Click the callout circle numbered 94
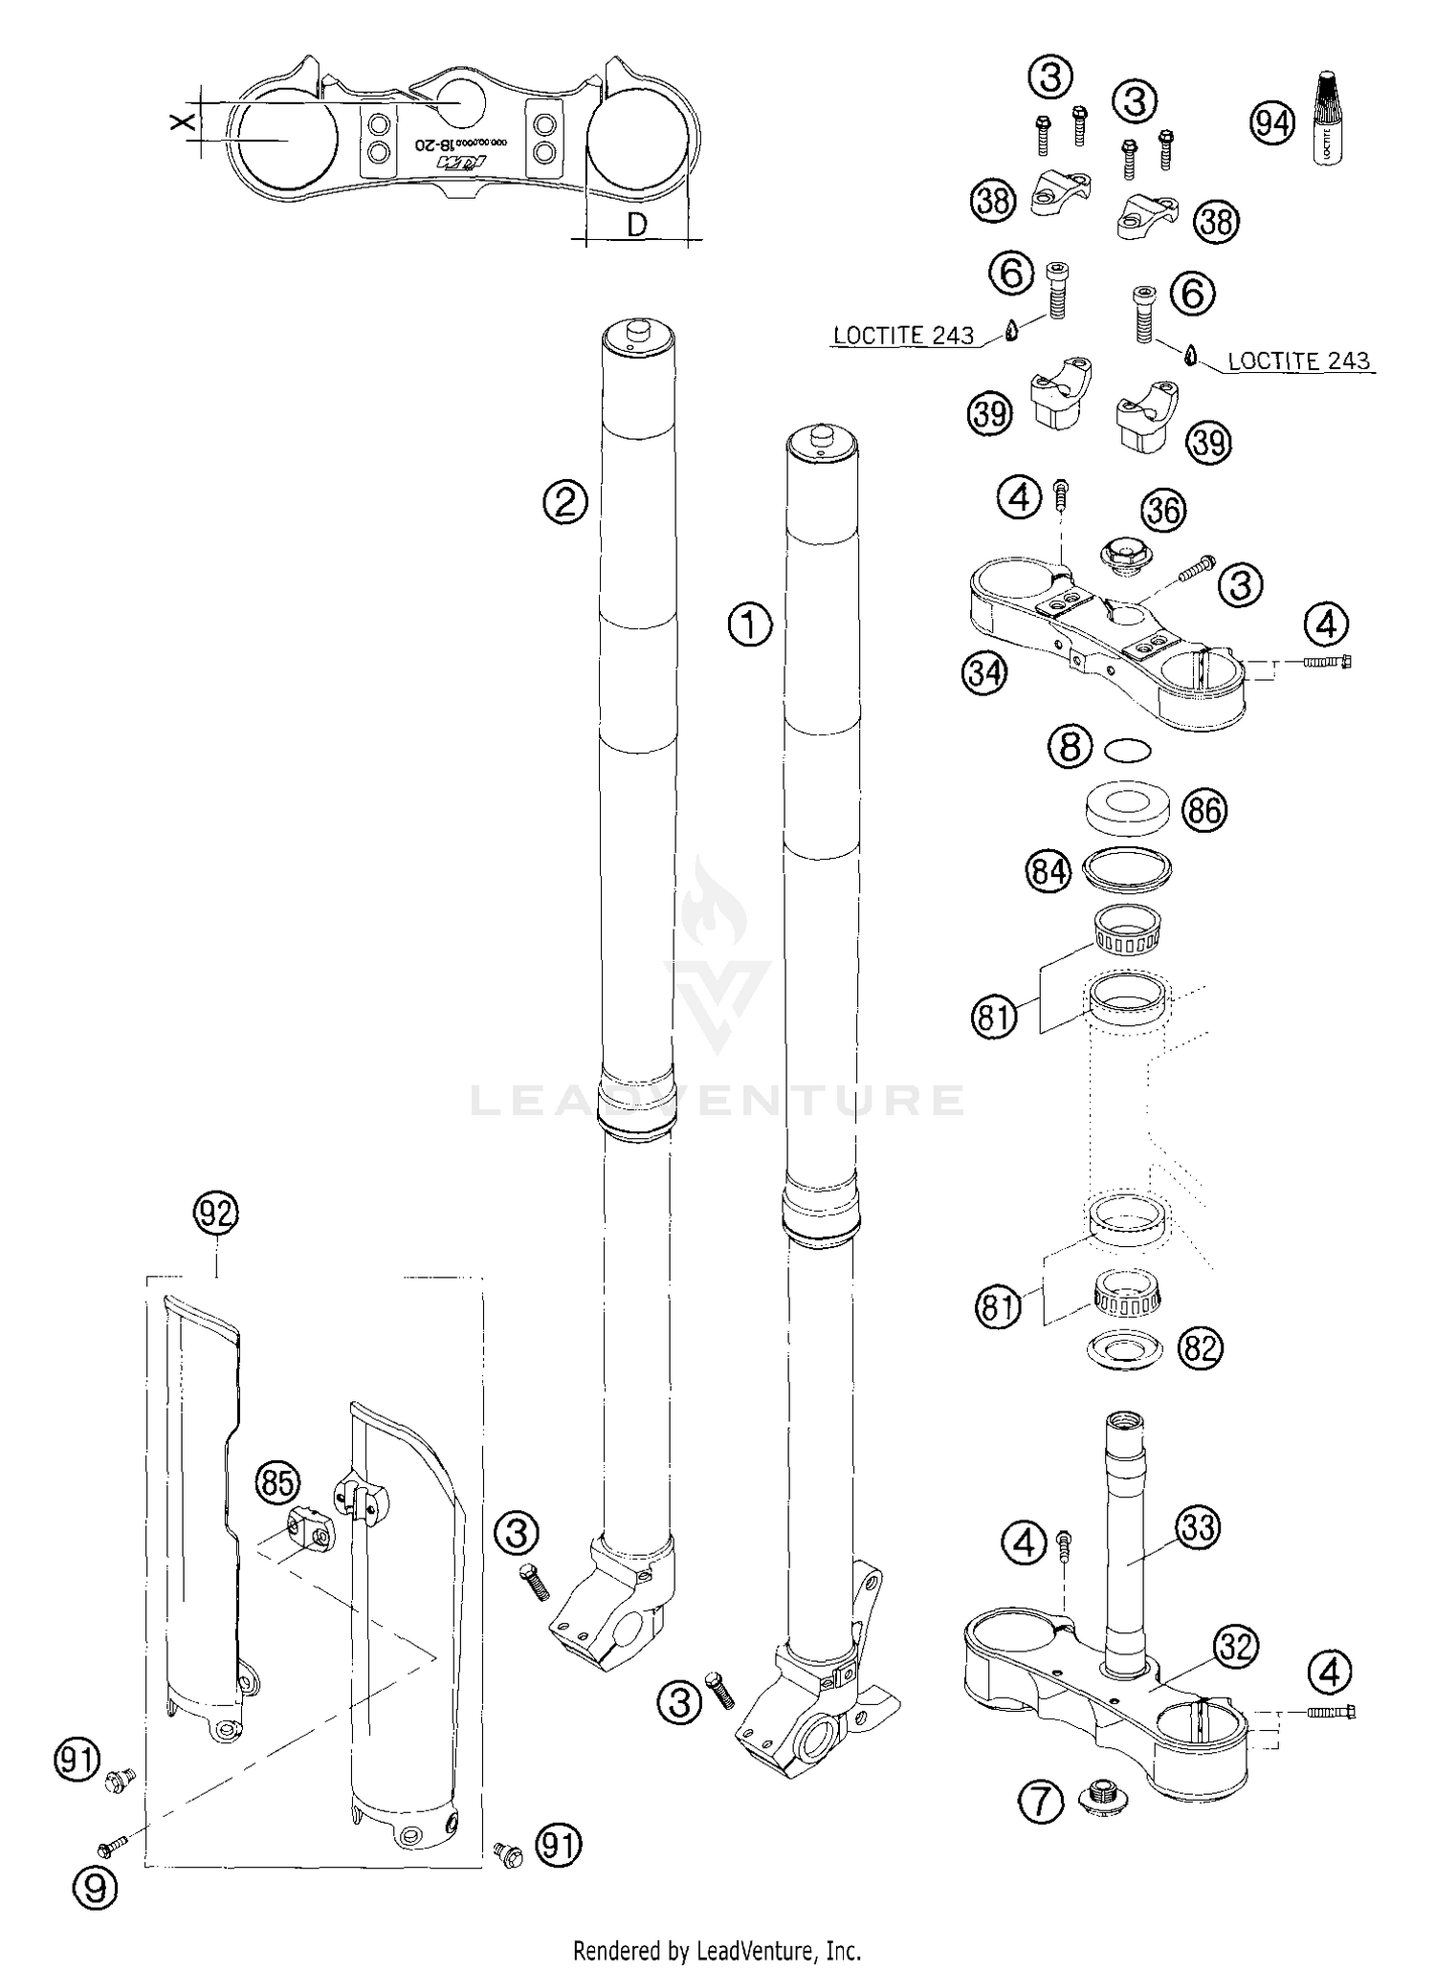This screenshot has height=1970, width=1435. tap(1273, 123)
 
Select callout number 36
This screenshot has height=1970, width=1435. tap(1163, 510)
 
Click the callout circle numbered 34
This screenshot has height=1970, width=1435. tap(984, 672)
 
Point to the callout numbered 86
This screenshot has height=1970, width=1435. tap(1203, 810)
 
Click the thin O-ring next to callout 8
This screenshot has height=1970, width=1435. tap(1127, 751)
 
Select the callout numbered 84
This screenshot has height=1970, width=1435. tap(1049, 873)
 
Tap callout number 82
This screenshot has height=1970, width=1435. tap(1201, 1347)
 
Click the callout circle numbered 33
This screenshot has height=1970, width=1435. tap(1197, 1527)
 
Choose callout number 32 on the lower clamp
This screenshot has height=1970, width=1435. tap(1235, 1646)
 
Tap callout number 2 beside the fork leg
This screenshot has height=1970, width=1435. tap(565, 500)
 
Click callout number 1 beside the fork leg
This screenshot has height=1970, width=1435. tap(749, 626)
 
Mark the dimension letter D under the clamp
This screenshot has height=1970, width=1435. tap(636, 226)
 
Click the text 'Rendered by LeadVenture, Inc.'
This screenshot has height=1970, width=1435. tap(717, 1949)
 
